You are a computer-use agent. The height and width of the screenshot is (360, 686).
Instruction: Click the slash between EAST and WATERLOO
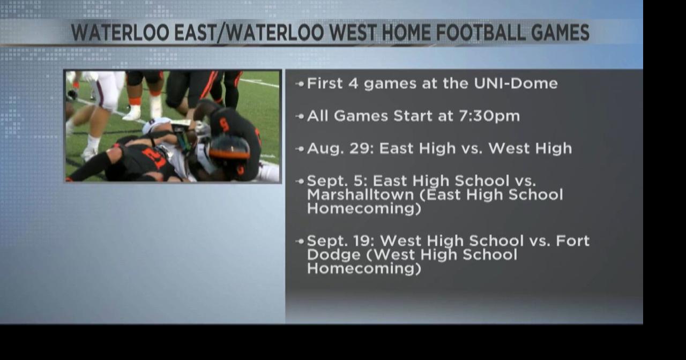coord(222,33)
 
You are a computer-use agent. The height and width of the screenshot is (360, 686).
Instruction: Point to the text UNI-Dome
coord(516,83)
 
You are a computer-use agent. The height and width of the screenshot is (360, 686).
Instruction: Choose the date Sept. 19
coord(340,241)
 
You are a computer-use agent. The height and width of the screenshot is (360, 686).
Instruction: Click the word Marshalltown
coord(361,194)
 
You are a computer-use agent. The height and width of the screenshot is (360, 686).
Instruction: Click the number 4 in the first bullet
coord(353,83)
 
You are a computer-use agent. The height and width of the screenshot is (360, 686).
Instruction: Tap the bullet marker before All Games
coord(300,116)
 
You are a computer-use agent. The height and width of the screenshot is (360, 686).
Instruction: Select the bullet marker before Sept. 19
coord(300,242)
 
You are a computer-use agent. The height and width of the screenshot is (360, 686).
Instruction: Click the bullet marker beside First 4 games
coord(300,84)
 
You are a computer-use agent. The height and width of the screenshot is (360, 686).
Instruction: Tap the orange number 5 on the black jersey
coord(224,125)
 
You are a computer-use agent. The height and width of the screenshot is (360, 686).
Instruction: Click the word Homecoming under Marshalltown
coord(364,209)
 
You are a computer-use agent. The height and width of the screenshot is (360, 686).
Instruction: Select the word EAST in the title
coord(195,33)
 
